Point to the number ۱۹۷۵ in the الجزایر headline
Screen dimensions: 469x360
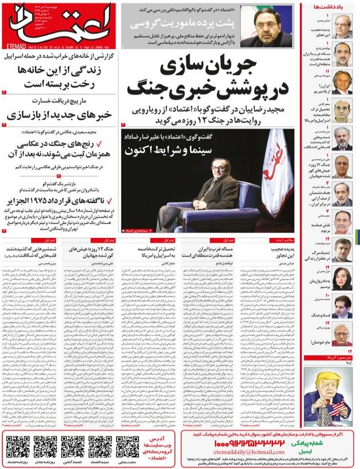62,201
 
